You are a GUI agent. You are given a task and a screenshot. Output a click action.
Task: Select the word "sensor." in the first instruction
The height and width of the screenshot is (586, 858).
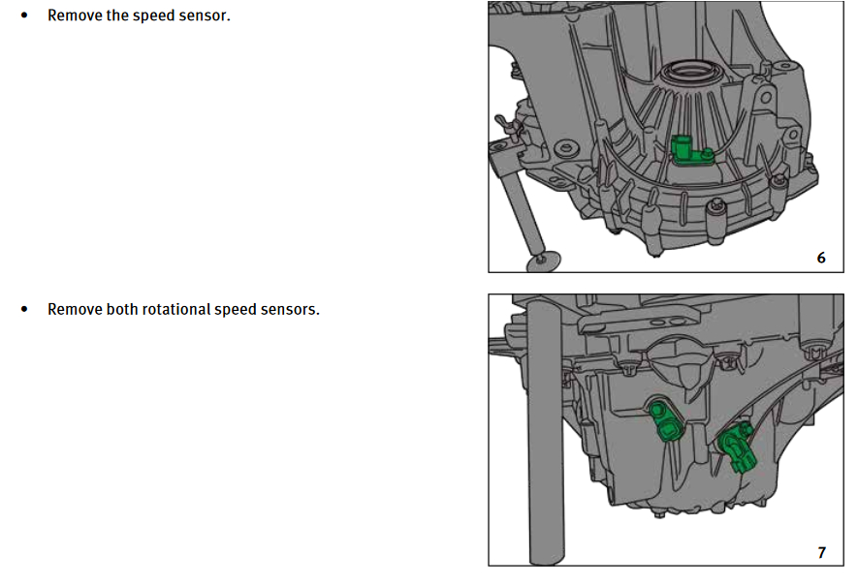click(205, 16)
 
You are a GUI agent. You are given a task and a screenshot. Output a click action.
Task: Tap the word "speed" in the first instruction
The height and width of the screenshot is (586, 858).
click(155, 16)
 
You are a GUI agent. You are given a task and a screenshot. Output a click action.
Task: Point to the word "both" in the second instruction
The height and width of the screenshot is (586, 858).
click(121, 310)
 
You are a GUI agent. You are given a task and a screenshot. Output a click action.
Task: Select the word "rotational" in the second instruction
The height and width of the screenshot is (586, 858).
click(176, 310)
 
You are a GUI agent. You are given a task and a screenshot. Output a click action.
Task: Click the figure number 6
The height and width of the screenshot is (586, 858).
click(821, 258)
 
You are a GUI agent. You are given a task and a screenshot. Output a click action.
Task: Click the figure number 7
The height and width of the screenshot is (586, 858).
click(821, 552)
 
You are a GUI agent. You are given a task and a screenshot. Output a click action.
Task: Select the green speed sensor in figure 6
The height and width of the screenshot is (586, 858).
click(687, 151)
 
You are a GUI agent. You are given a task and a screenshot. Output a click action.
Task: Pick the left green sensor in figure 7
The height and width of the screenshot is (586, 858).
click(665, 421)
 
